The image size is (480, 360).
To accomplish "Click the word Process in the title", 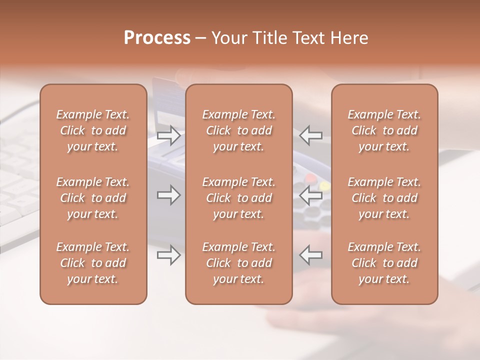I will click(157, 38).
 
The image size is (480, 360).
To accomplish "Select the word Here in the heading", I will click(348, 38).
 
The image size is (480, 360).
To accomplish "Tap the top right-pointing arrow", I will click(169, 135).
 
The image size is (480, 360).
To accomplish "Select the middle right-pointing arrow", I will click(169, 195).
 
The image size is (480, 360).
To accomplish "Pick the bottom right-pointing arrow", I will click(169, 255).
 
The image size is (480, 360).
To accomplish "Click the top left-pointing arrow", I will click(311, 135).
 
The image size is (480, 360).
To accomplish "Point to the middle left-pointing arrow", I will click(311, 195).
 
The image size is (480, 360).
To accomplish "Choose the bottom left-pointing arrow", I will click(311, 255).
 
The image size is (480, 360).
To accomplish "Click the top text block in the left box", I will click(93, 130).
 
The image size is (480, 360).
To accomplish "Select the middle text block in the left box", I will click(93, 198).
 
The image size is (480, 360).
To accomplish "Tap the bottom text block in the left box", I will click(93, 263).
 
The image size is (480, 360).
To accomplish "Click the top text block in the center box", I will click(239, 130).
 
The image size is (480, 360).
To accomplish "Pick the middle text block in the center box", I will click(239, 198).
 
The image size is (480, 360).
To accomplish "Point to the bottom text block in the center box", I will click(239, 263).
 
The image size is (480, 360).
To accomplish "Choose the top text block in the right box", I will click(384, 130).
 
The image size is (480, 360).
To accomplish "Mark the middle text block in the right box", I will click(384, 198).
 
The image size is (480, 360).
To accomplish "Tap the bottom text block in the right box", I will click(384, 263).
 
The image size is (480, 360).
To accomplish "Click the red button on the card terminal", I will click(311, 177).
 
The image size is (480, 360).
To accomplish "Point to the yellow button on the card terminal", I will click(325, 186).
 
